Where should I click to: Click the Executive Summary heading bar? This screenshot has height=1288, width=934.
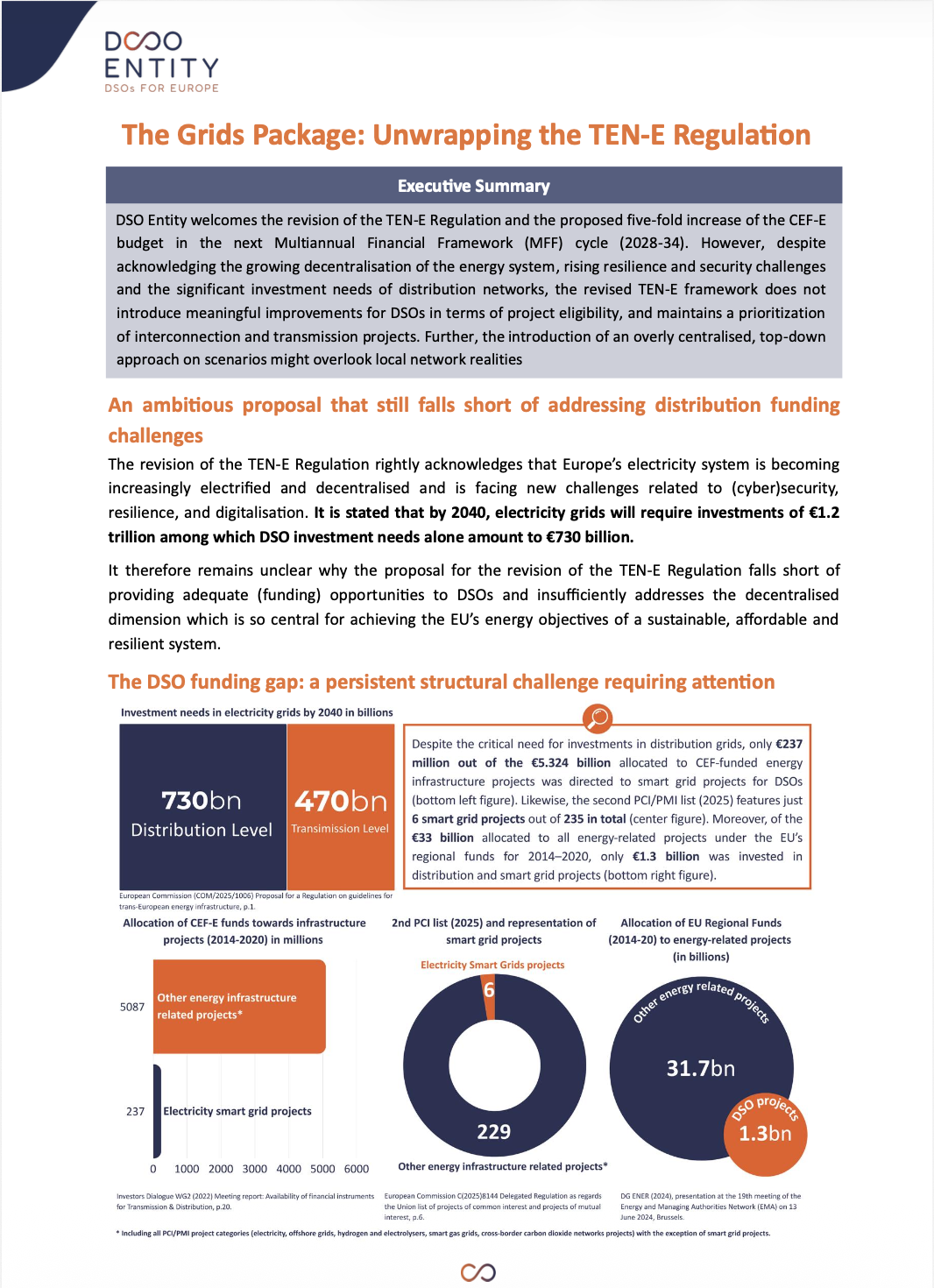point(473,186)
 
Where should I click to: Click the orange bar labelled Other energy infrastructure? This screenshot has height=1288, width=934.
point(239,1006)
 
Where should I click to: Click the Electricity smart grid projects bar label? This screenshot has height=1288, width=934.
point(237,1111)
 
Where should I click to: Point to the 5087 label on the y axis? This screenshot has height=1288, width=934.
point(132,1007)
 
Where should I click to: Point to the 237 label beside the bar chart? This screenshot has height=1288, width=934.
point(135,1111)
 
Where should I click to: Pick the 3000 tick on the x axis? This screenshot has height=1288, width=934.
point(255,1169)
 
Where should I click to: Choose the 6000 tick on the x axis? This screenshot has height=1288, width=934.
point(357,1169)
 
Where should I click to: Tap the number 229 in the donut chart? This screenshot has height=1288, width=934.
point(493,1132)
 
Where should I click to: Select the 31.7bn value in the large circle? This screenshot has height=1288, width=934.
point(701,1068)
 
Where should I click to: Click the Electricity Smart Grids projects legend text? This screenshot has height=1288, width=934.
point(492,965)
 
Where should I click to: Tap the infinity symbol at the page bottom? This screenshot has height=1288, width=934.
point(478,1272)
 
